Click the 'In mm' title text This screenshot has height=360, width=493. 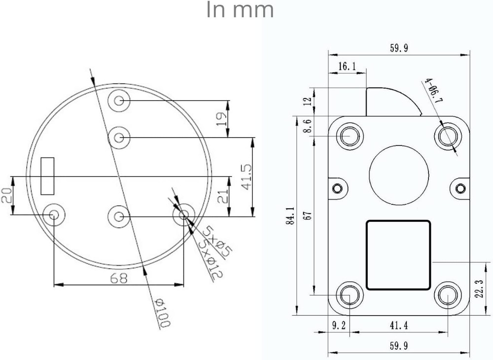[240, 10]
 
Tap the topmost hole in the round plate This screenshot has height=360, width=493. [119, 101]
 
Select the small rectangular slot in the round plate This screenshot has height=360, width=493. [47, 176]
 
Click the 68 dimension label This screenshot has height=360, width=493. [118, 278]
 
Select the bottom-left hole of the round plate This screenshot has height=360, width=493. [53, 215]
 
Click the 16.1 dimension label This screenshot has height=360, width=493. [347, 67]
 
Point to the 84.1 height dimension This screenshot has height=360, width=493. [291, 216]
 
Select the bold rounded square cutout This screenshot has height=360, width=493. [398, 254]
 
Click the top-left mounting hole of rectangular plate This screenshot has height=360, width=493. [351, 135]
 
